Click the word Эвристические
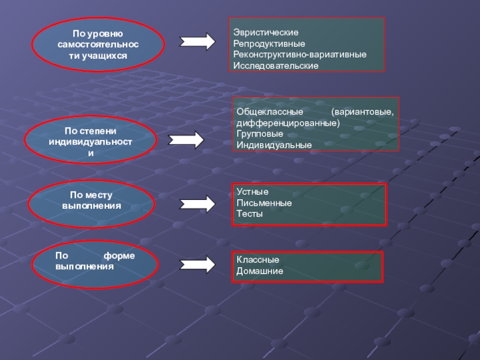(266, 32)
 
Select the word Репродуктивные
(269, 43)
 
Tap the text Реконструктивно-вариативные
(300, 54)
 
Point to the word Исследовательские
(276, 65)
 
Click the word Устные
(248, 192)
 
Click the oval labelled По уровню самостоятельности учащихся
(98, 46)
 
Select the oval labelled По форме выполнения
(95, 262)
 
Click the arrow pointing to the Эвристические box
(198, 42)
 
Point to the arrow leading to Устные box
(198, 204)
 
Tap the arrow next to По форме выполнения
(198, 264)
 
